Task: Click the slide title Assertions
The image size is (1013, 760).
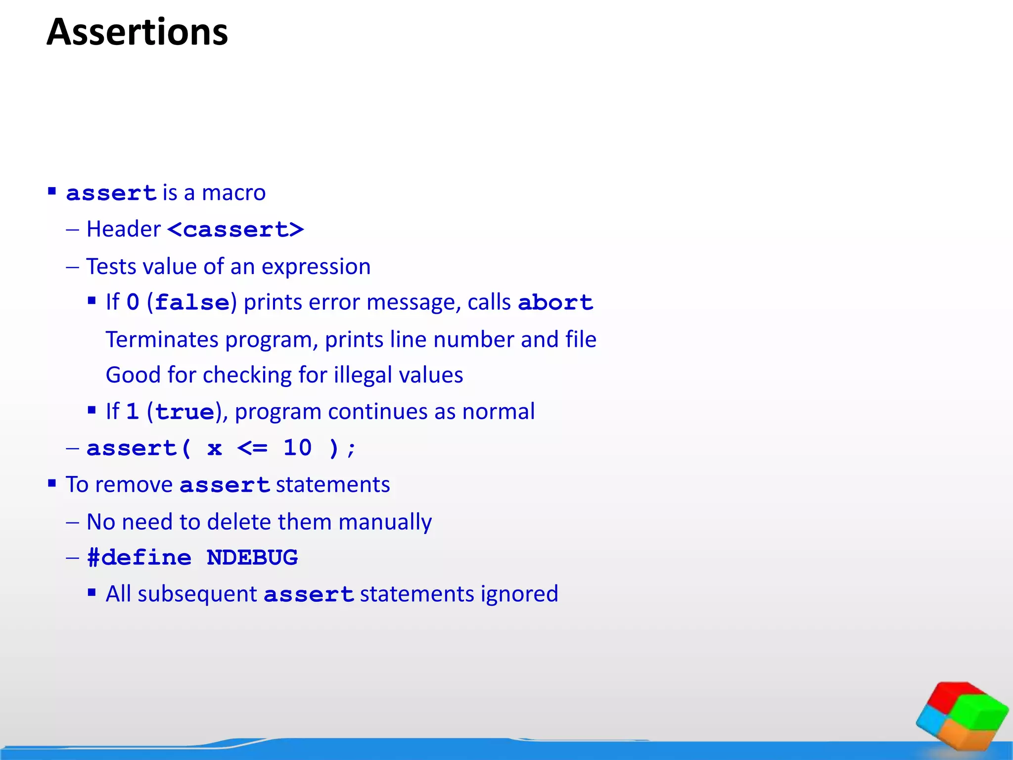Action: tap(137, 32)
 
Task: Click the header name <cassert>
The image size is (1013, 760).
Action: tap(235, 230)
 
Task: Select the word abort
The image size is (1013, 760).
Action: tap(555, 302)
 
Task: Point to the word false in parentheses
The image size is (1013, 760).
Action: tap(192, 303)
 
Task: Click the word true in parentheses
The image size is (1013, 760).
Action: tap(184, 412)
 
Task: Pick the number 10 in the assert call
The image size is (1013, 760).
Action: tap(297, 448)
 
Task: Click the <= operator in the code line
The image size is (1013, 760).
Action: tap(252, 448)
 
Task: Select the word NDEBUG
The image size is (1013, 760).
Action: tap(252, 558)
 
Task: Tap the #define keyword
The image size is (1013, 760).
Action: tap(139, 558)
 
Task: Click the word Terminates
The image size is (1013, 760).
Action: tap(162, 340)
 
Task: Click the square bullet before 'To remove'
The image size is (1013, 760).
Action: tap(52, 483)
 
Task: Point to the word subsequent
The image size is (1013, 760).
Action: tap(197, 594)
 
